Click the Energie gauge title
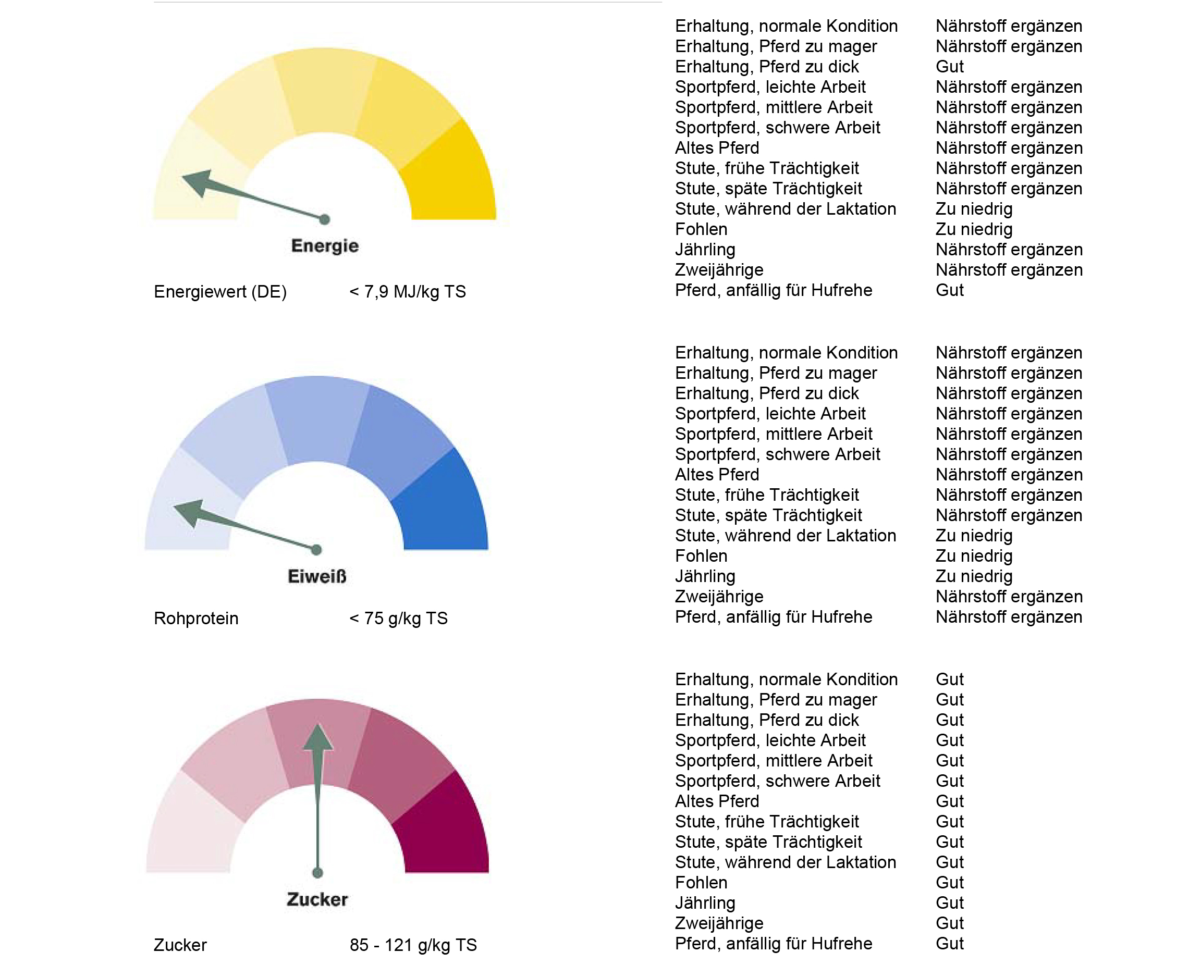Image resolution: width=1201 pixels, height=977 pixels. click(x=324, y=245)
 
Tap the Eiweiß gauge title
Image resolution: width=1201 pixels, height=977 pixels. click(x=316, y=576)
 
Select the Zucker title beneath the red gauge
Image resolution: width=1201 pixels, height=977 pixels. click(x=317, y=899)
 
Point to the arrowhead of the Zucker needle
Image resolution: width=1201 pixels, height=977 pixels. click(x=317, y=736)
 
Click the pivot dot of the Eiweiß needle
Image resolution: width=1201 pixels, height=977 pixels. click(x=316, y=549)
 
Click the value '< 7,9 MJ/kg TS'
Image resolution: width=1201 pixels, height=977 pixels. click(x=407, y=291)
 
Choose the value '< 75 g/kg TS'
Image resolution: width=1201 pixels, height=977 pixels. click(x=398, y=618)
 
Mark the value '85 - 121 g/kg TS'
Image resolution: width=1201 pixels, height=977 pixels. click(x=413, y=944)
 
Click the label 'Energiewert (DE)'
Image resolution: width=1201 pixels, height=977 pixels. click(x=220, y=291)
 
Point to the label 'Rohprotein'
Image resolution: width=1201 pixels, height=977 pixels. click(x=196, y=618)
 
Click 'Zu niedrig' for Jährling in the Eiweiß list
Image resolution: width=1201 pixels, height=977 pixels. click(x=974, y=576)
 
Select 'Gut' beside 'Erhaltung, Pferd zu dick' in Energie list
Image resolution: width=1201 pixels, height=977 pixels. click(x=949, y=66)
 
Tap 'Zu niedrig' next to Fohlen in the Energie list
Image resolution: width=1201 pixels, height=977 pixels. click(x=974, y=229)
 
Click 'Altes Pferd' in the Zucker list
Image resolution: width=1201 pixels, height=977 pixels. click(x=717, y=801)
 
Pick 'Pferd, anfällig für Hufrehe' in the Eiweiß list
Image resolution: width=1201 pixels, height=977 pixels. click(x=773, y=617)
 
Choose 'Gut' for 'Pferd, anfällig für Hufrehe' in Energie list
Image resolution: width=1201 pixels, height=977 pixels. click(x=949, y=290)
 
